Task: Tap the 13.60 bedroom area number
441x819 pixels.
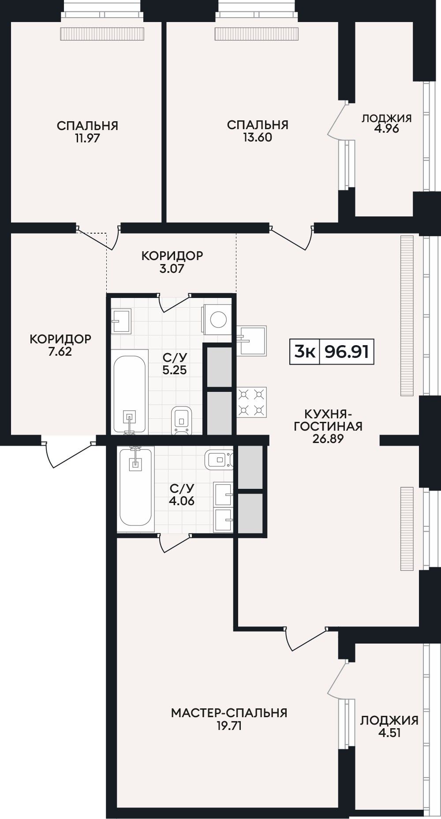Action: coord(258,137)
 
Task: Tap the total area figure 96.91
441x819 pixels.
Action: coord(347,352)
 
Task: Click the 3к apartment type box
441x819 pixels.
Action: coord(304,352)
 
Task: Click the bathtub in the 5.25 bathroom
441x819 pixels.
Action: coord(130,392)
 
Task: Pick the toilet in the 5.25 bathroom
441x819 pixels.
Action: coord(182,420)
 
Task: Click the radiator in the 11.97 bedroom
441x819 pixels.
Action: coord(102,34)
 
